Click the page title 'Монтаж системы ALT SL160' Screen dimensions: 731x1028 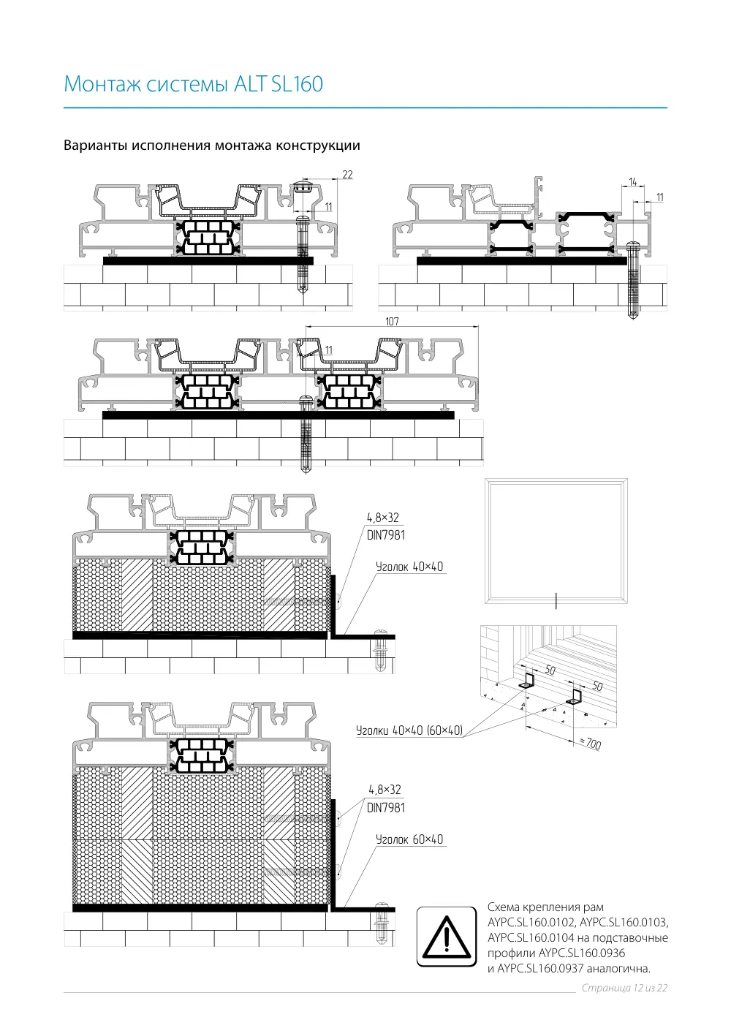[193, 84]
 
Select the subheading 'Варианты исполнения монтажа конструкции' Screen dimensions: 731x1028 [212, 145]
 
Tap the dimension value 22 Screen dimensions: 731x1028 [347, 175]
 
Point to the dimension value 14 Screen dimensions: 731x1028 [633, 182]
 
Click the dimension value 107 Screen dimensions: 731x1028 [392, 321]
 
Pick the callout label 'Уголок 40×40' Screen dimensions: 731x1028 [409, 567]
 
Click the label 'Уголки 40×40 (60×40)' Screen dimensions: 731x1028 [409, 730]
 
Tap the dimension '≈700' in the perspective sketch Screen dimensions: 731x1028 [590, 743]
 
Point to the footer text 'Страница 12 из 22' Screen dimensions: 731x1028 [624, 988]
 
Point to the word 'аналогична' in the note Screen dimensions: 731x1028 [618, 969]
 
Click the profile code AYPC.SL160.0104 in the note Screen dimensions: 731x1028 [531, 937]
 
